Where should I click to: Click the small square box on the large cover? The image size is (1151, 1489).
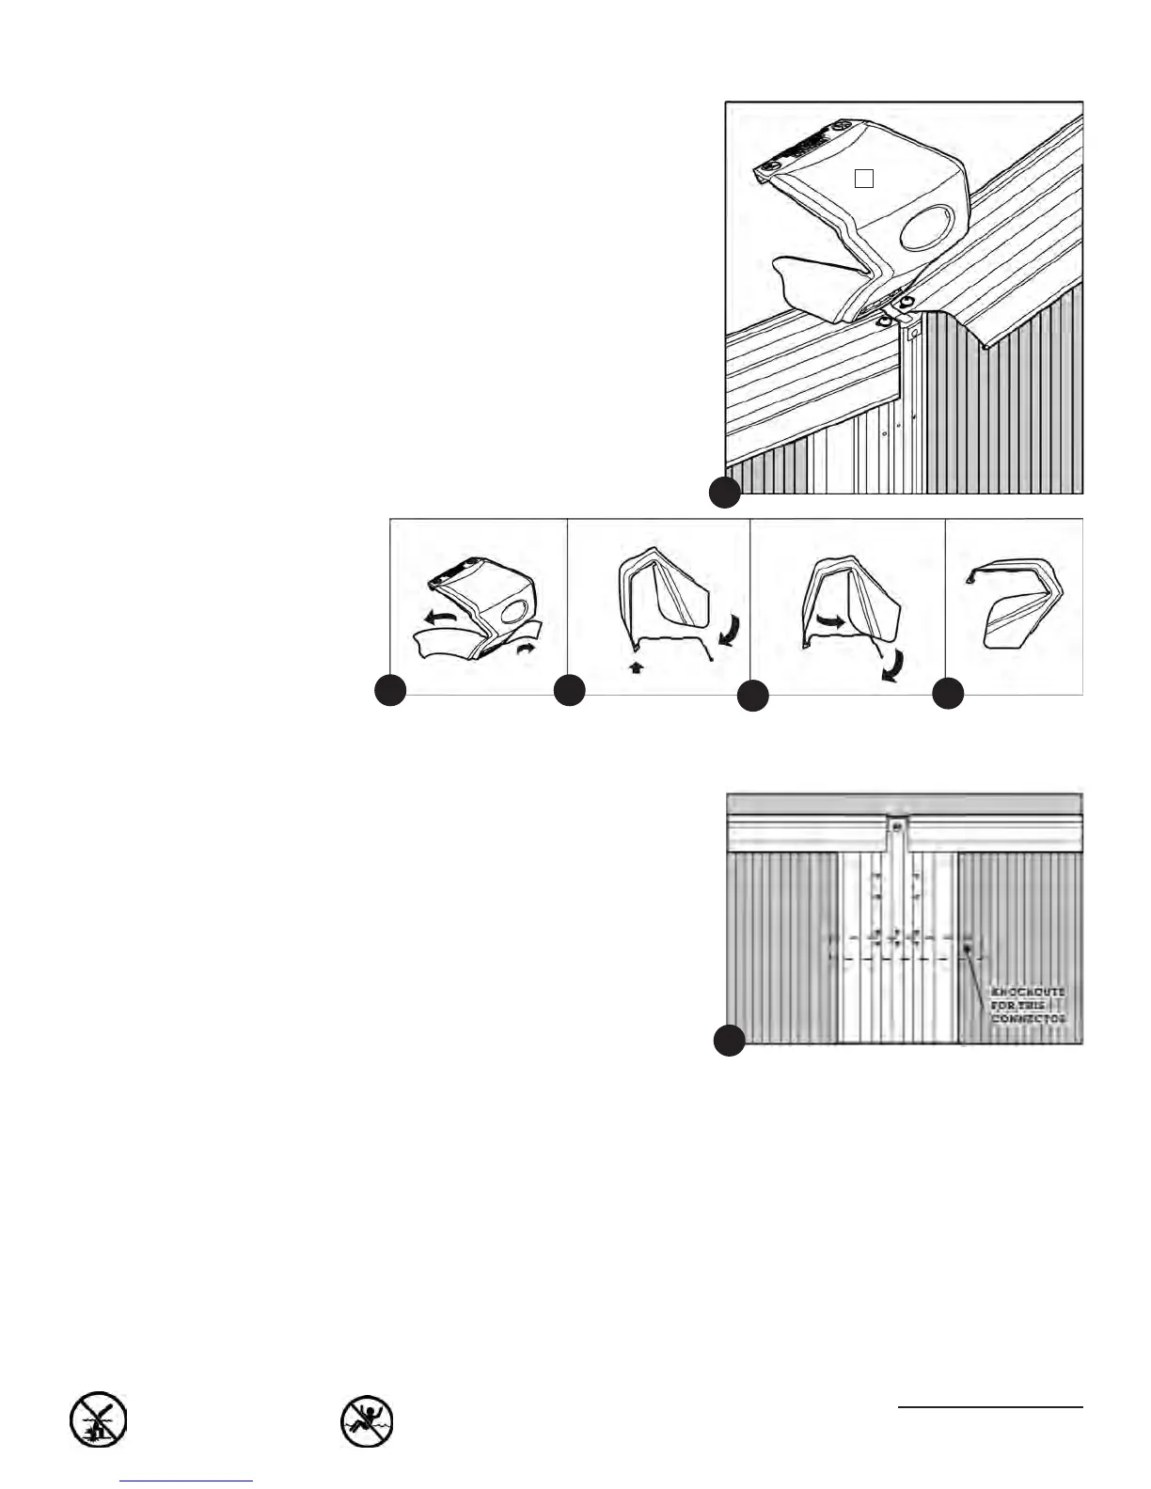coord(865,177)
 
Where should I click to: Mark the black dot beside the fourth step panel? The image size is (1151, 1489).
coord(948,694)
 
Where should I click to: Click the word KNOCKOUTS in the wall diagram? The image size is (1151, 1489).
coord(1029,993)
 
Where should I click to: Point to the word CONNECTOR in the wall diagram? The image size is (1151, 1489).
coord(1029,1018)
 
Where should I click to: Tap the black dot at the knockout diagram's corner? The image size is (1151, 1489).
coord(729,1040)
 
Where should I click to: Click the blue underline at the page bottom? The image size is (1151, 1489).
coord(187,1481)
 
